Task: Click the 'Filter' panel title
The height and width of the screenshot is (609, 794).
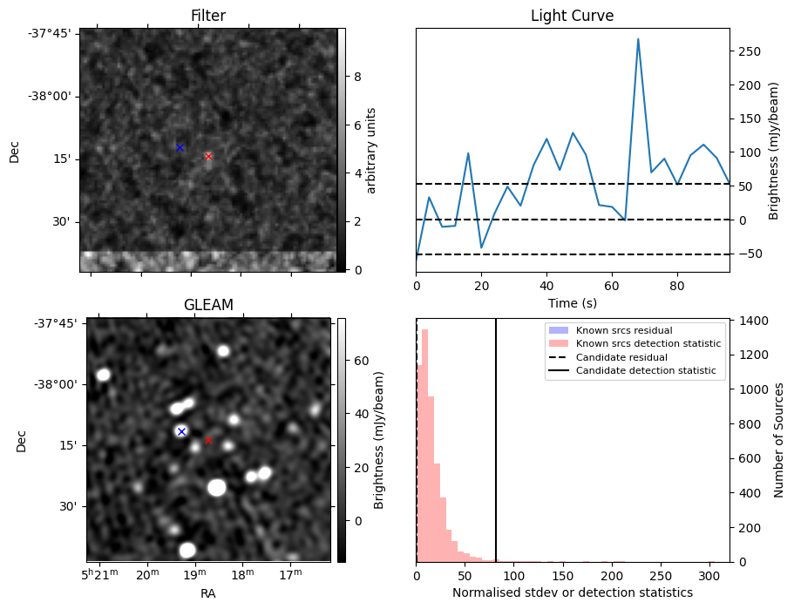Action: [x=208, y=16]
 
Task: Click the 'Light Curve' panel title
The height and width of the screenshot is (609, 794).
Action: [x=572, y=16]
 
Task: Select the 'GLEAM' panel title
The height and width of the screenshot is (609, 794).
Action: [x=208, y=305]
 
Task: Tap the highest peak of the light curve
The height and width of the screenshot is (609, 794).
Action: [x=638, y=38]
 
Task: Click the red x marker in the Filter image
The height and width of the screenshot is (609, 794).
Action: [x=208, y=157]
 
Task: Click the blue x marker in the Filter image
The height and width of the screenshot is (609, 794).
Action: [x=180, y=148]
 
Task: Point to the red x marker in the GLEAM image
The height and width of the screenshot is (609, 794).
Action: [x=208, y=441]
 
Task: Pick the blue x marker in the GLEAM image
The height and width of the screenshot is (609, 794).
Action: [x=181, y=431]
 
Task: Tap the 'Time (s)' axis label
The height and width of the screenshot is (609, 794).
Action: [x=572, y=302]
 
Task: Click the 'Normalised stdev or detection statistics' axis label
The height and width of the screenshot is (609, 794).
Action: [x=572, y=592]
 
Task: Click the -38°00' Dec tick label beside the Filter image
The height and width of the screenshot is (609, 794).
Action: [x=53, y=96]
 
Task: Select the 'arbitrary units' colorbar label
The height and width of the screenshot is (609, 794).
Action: [x=371, y=150]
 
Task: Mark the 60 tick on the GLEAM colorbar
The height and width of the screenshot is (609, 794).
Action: [x=359, y=360]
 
